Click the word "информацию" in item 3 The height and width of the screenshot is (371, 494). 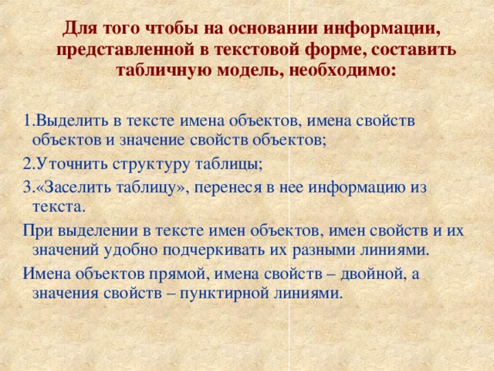pyautogui.click(x=362, y=186)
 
